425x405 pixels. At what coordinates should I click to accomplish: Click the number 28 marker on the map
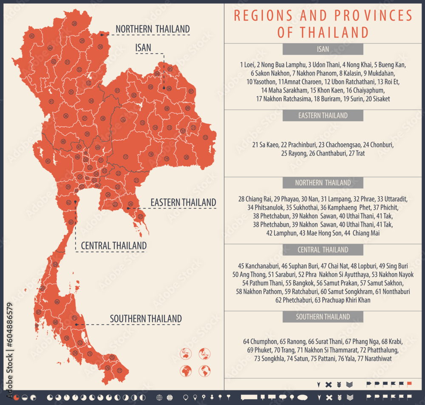74,23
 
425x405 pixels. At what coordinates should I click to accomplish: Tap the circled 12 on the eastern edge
205,137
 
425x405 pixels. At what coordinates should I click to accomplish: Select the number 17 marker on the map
125,157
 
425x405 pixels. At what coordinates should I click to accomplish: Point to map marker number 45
48,161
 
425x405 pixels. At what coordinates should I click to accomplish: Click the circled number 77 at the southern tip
119,371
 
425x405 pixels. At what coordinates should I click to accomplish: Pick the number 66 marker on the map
56,322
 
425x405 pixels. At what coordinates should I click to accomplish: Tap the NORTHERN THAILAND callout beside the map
153,29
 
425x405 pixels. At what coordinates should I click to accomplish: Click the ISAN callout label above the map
143,48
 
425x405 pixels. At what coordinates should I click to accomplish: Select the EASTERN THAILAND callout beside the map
183,203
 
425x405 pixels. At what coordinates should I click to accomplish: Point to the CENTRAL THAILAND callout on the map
113,246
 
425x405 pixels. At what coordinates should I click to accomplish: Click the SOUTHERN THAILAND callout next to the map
146,319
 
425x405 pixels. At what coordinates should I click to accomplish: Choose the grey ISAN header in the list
323,49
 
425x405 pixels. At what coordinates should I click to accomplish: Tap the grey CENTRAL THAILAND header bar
323,250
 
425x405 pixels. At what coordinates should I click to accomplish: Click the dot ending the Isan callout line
164,88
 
